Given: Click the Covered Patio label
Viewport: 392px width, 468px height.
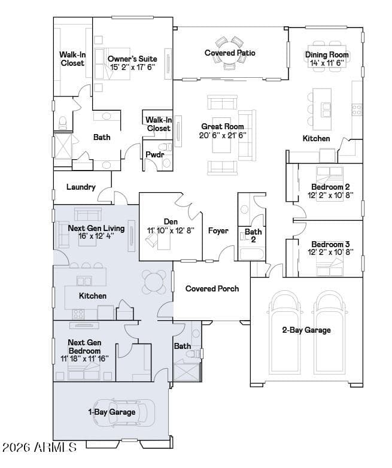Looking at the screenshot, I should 230,53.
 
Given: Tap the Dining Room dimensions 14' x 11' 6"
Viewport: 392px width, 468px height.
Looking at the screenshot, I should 327,63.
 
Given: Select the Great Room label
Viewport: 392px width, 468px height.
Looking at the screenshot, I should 222,127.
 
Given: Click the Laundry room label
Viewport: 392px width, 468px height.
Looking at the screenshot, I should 81,187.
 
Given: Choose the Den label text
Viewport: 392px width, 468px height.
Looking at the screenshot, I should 171,221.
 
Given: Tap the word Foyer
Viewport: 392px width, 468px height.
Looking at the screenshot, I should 218,230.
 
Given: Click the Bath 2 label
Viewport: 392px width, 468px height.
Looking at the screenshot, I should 253,235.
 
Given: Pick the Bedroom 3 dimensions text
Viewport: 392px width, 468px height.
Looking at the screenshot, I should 330,252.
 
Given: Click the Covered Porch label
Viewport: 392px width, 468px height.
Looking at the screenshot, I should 212,289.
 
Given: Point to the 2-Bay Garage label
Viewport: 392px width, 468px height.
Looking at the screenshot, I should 306,330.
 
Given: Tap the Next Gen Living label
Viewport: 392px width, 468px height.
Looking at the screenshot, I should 96,228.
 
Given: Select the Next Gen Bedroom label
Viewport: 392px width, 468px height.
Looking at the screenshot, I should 84,347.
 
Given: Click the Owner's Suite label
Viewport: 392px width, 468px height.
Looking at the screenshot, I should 132,59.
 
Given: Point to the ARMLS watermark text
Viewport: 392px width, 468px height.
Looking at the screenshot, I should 39,447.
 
